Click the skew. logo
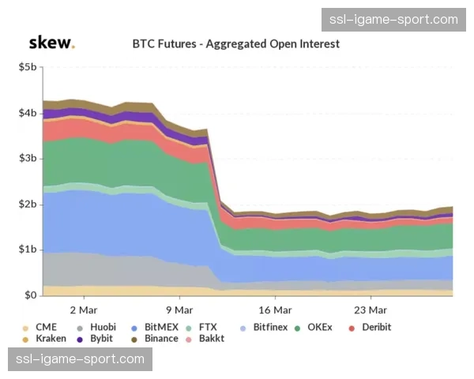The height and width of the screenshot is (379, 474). pos(51,43)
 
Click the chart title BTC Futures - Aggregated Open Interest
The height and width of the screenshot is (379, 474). pos(235,43)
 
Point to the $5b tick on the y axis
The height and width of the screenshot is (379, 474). pos(27,68)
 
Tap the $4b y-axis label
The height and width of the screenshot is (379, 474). pos(27,114)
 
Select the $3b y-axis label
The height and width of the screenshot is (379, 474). pos(27,159)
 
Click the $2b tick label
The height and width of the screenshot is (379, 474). pos(27,205)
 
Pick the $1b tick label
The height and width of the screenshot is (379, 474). pos(27,250)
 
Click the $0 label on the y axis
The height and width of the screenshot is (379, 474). pos(31,295)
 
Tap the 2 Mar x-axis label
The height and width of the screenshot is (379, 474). pos(83,310)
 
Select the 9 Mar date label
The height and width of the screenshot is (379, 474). pos(179,310)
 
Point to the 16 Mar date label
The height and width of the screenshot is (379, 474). pos(275,310)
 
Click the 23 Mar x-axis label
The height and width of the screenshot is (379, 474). pos(370,310)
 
